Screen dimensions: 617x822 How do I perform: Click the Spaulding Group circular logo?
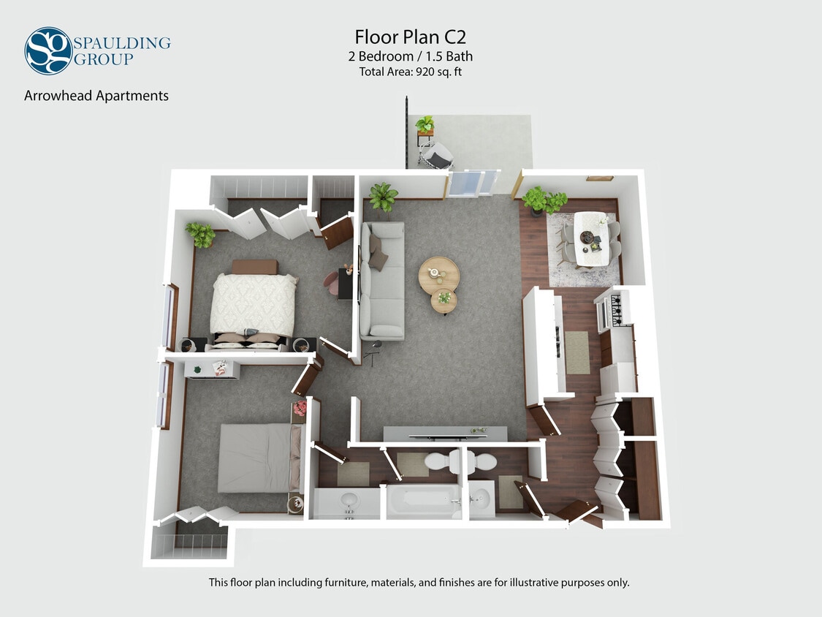(48, 50)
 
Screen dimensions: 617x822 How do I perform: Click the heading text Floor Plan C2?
(411, 37)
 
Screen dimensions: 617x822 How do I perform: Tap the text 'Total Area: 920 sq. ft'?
(411, 72)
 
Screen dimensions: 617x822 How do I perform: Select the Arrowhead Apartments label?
(96, 96)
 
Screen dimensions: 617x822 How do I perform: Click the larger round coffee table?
(438, 274)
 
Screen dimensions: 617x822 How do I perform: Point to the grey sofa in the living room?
(382, 281)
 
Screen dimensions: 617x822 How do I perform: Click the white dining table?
(592, 239)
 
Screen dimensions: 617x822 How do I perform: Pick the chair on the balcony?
(438, 155)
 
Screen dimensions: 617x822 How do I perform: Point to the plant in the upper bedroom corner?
(200, 235)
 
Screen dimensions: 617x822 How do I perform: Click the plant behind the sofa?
(383, 196)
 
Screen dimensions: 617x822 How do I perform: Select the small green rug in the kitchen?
(577, 352)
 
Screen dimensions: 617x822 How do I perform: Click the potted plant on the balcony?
(425, 125)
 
